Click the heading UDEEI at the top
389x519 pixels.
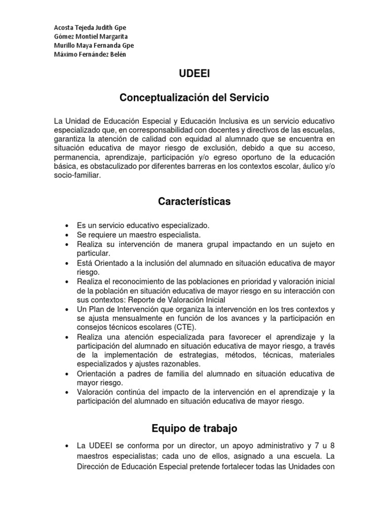click(194, 74)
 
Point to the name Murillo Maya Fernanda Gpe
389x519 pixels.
click(94, 46)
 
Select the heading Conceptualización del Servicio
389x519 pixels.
click(194, 97)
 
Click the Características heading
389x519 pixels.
click(194, 202)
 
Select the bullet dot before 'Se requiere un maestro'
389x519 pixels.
click(67, 235)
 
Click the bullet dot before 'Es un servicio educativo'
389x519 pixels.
click(67, 226)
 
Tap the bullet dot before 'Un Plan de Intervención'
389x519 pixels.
click(67, 309)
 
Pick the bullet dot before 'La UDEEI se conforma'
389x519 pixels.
click(67, 447)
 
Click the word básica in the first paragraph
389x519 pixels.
click(64, 166)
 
